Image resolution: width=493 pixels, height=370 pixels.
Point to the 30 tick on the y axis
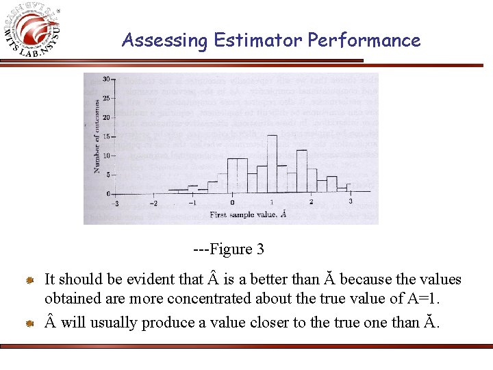click(x=106, y=79)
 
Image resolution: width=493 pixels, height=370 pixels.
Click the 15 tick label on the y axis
click(x=106, y=136)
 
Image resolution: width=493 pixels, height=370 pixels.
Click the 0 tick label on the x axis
click(x=232, y=202)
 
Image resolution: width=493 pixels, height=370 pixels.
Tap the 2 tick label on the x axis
click(x=311, y=202)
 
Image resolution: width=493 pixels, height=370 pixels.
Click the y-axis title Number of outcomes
click(x=97, y=136)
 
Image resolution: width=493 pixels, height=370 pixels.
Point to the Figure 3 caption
click(x=229, y=249)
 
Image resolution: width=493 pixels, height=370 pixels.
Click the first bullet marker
click(x=30, y=280)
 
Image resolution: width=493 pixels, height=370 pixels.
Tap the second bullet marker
click(x=30, y=323)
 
